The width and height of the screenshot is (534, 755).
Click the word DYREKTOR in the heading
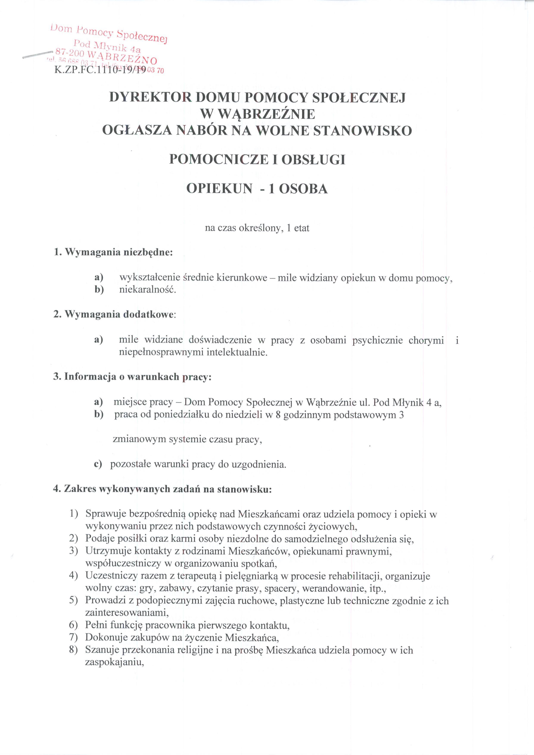(150, 98)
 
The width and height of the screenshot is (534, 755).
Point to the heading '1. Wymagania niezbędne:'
(113, 252)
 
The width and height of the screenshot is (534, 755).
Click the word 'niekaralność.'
(148, 290)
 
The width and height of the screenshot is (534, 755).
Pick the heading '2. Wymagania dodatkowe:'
(115, 314)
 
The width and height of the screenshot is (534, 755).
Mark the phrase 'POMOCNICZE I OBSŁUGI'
(257, 160)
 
